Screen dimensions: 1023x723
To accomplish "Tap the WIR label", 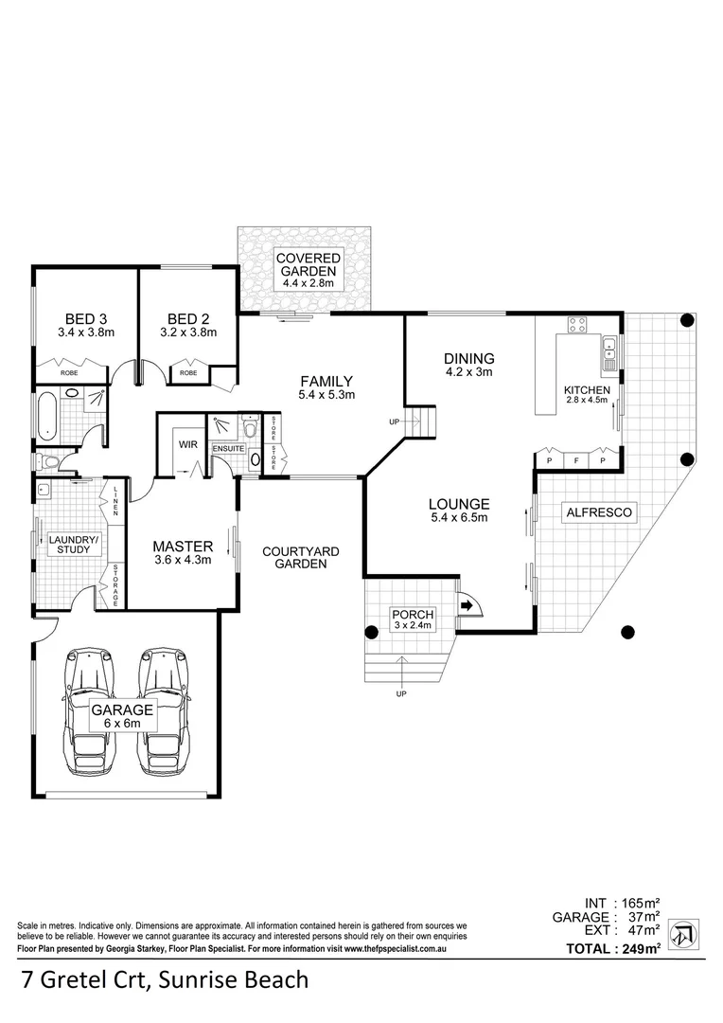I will coord(185,443).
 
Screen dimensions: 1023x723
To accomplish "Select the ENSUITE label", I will coord(228,449).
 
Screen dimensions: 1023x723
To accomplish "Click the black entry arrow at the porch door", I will coord(466,604).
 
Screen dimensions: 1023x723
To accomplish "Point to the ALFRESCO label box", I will coord(598,512).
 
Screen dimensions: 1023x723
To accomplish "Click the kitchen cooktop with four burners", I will coord(577,327).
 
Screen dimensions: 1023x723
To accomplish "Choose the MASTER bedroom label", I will coord(183,547).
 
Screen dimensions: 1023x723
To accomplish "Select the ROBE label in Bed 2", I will coord(188,374).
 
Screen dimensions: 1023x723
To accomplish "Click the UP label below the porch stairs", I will coord(401,694).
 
